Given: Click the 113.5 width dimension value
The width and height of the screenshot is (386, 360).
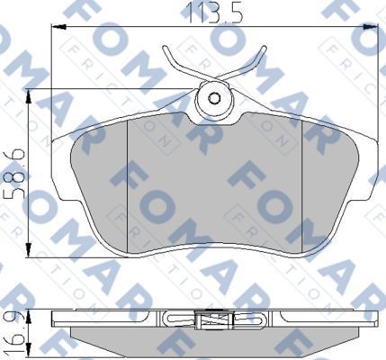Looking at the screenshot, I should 208,12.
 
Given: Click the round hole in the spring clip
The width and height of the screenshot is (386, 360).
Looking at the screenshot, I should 214,99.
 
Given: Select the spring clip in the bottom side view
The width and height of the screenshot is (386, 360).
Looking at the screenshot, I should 213,319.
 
